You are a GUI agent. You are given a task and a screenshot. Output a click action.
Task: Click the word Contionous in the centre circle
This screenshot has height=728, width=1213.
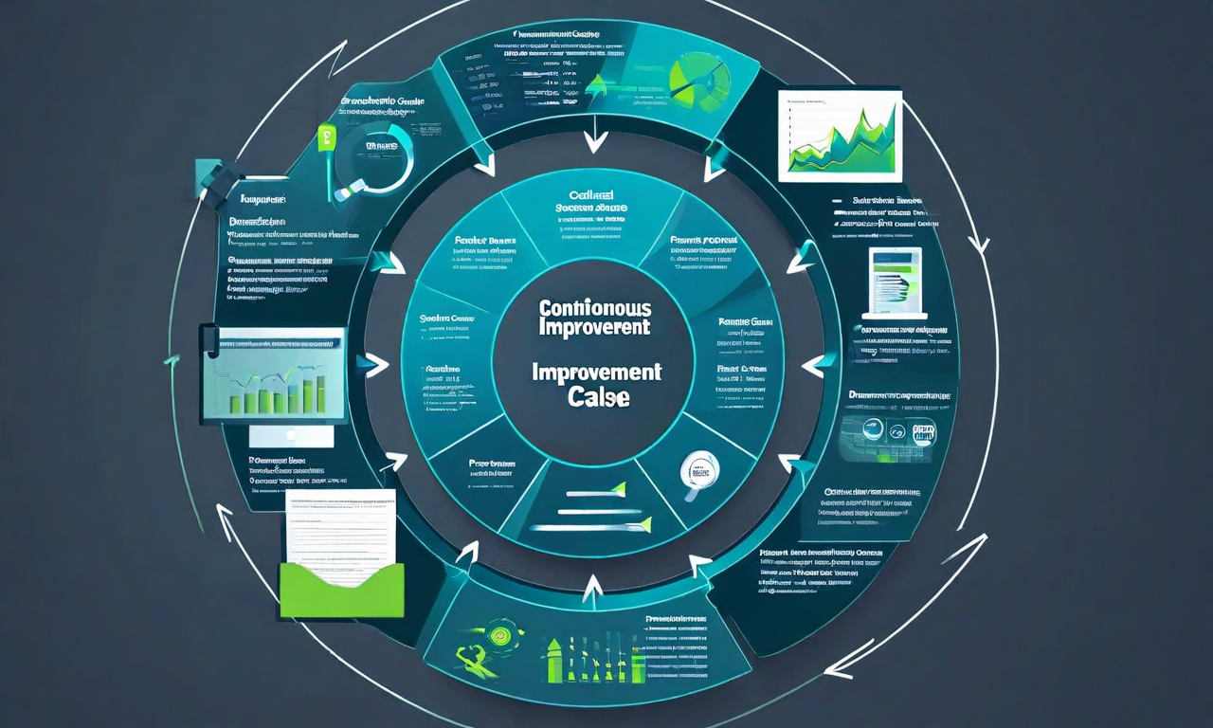pyautogui.click(x=593, y=308)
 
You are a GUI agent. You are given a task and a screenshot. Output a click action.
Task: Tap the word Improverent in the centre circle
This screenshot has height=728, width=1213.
pyautogui.click(x=593, y=327)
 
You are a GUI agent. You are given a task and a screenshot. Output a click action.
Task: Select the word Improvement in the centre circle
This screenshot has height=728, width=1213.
pyautogui.click(x=596, y=372)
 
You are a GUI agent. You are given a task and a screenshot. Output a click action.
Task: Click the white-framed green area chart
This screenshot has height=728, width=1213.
pyautogui.click(x=839, y=136)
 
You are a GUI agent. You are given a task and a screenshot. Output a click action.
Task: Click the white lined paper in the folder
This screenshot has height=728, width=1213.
pyautogui.click(x=339, y=531)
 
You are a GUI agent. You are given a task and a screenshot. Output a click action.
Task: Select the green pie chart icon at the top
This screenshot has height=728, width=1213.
pyautogui.click(x=699, y=81)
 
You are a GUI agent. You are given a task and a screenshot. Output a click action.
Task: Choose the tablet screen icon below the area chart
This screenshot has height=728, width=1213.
pyautogui.click(x=896, y=282)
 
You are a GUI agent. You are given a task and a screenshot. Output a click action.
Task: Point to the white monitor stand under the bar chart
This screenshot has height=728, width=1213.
pyautogui.click(x=291, y=436)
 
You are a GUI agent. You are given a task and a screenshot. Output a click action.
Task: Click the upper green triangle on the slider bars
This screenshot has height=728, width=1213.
pyautogui.click(x=620, y=490)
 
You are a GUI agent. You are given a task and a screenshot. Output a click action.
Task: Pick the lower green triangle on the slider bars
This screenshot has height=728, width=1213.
pyautogui.click(x=644, y=522)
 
